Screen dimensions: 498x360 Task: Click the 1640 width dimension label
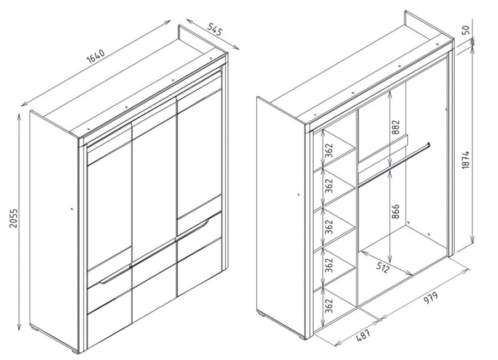coord(95,55)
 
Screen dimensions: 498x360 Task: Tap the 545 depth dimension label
coord(215,29)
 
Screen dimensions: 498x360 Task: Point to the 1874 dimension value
coord(465,159)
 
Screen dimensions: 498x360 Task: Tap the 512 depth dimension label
coord(383,268)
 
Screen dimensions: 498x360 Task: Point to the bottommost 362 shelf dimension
coord(329,305)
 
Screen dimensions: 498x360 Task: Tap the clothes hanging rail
coord(394,164)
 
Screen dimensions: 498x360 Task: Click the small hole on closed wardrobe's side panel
coord(71,209)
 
